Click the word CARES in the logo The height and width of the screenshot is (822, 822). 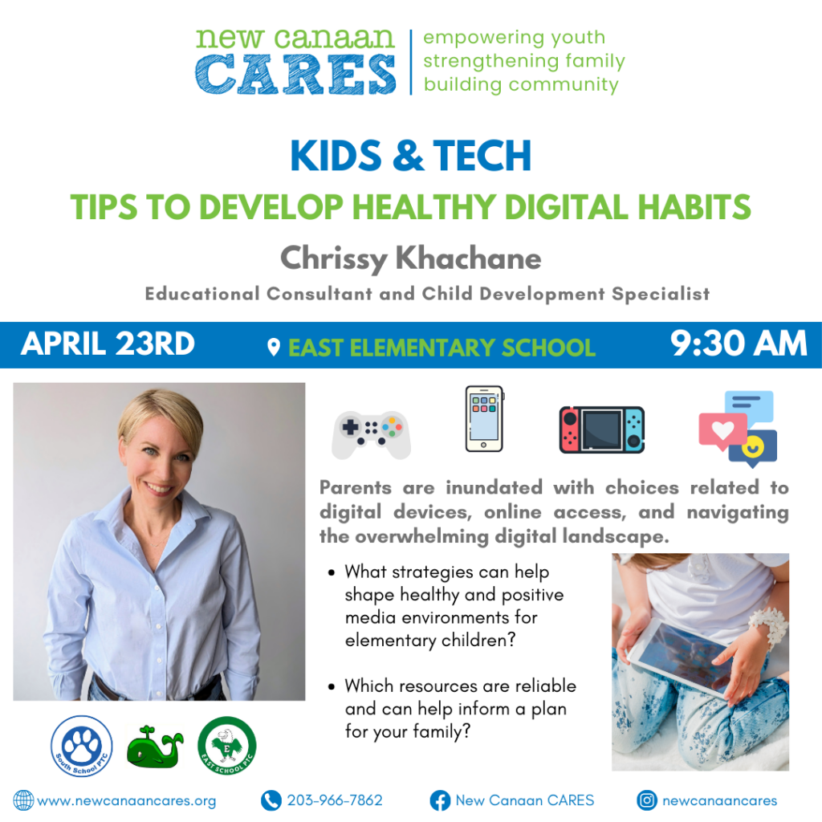point(295,74)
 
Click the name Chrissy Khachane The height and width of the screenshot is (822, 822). point(410,258)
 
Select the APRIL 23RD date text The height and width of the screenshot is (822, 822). point(108,344)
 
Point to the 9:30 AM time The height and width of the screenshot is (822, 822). point(739,344)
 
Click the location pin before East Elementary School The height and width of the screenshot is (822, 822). point(274,347)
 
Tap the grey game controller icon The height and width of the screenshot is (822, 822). point(371,433)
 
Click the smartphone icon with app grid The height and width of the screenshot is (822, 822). point(484,418)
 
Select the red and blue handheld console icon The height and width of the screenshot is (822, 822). point(601,429)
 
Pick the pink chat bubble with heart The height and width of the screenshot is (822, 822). point(722,430)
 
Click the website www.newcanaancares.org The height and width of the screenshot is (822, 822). point(126,800)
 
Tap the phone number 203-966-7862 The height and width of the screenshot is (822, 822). point(334,800)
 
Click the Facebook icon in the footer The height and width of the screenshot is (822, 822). point(439,800)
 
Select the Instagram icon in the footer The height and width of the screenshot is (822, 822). point(646,800)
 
